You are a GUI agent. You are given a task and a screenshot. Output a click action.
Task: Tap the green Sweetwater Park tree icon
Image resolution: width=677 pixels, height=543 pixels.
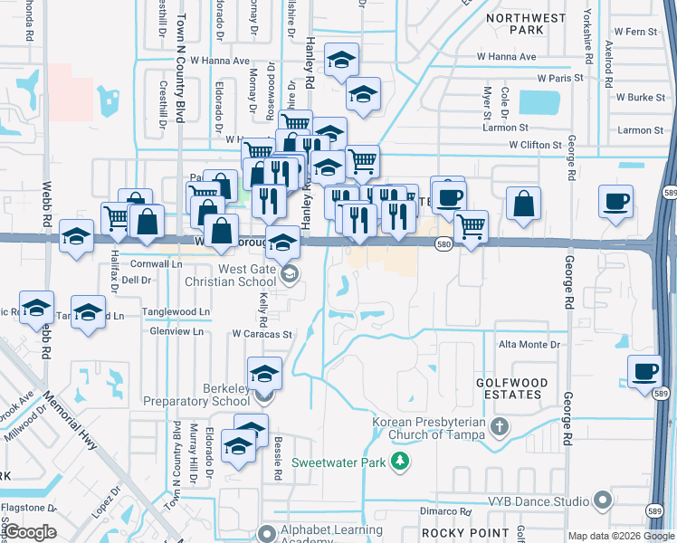(399, 463)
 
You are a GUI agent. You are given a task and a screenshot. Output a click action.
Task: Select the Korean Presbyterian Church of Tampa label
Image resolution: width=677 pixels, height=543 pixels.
(432, 429)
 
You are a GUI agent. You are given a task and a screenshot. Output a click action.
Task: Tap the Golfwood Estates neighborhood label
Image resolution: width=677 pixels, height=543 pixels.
(512, 388)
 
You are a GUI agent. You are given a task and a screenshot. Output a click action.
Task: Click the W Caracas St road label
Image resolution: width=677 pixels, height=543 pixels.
(262, 334)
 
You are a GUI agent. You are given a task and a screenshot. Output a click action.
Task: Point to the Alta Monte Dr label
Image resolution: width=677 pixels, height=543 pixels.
(530, 345)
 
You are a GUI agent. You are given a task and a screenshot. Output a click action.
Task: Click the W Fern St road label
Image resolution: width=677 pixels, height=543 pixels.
(634, 32)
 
